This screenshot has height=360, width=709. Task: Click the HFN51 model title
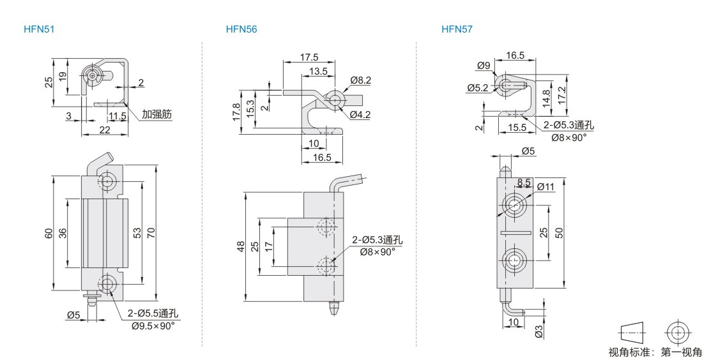tap(39, 29)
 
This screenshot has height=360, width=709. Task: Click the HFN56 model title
tap(241, 29)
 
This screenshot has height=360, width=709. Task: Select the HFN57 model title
tap(457, 29)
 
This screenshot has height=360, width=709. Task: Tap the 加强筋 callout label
tap(157, 114)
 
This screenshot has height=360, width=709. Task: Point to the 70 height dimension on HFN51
tap(151, 232)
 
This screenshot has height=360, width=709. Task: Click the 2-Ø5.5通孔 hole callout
tap(153, 313)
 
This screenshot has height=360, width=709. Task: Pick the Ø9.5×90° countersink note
tap(153, 326)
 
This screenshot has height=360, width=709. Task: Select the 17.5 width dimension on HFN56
tap(309, 57)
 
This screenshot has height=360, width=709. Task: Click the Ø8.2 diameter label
tap(360, 80)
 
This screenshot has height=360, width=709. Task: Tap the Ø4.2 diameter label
tap(360, 115)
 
